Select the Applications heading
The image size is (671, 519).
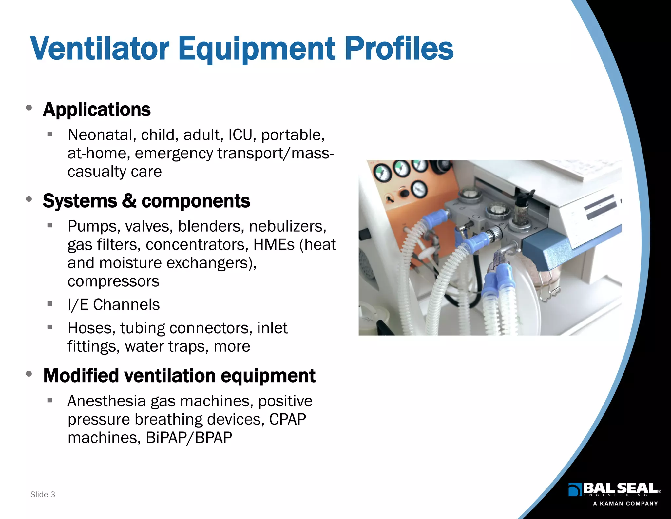[x=97, y=110]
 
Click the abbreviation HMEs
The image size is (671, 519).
[x=274, y=245]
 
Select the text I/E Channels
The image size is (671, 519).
[x=113, y=305]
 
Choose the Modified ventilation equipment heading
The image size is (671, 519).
[x=179, y=376]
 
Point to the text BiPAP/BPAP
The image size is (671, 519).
[x=189, y=438]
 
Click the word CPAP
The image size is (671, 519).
[x=287, y=419]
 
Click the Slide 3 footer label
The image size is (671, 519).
[x=43, y=494]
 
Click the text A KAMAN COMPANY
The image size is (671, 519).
[x=625, y=504]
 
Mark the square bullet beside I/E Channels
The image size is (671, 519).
[x=50, y=304]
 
